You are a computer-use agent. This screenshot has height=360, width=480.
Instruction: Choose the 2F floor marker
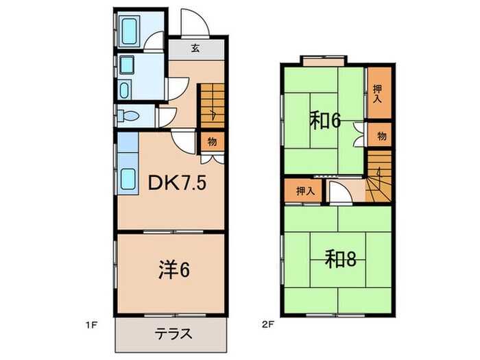click(x=264, y=321)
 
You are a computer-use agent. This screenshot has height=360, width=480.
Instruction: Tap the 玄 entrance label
click(x=195, y=49)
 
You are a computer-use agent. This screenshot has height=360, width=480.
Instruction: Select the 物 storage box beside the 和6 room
click(x=381, y=135)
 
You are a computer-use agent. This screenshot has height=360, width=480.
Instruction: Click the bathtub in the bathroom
click(x=130, y=30)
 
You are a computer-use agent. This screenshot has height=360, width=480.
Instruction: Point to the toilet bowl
click(x=128, y=115)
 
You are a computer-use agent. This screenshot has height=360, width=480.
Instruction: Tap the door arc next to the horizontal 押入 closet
click(x=340, y=193)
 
